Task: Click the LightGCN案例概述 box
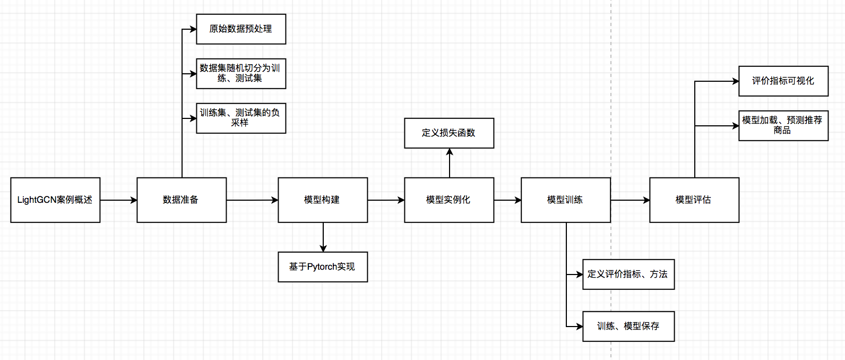click(55, 200)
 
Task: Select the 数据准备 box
click(182, 200)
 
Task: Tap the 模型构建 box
click(323, 200)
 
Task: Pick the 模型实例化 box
click(449, 200)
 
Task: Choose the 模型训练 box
click(566, 200)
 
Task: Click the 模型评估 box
click(694, 200)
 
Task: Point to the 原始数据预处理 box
click(241, 29)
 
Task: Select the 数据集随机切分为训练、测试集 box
click(241, 74)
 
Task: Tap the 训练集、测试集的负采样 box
click(241, 118)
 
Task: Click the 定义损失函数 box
click(449, 133)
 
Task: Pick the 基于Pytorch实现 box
click(323, 267)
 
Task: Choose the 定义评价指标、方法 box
click(628, 275)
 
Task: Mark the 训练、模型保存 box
click(628, 327)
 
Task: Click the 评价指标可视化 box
click(783, 81)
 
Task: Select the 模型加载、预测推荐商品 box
click(783, 126)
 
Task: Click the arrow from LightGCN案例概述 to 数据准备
click(118, 200)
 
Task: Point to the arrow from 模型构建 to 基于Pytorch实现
click(323, 237)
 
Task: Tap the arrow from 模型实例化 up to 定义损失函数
click(449, 163)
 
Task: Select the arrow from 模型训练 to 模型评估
click(630, 200)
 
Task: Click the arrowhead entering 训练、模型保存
click(580, 327)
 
